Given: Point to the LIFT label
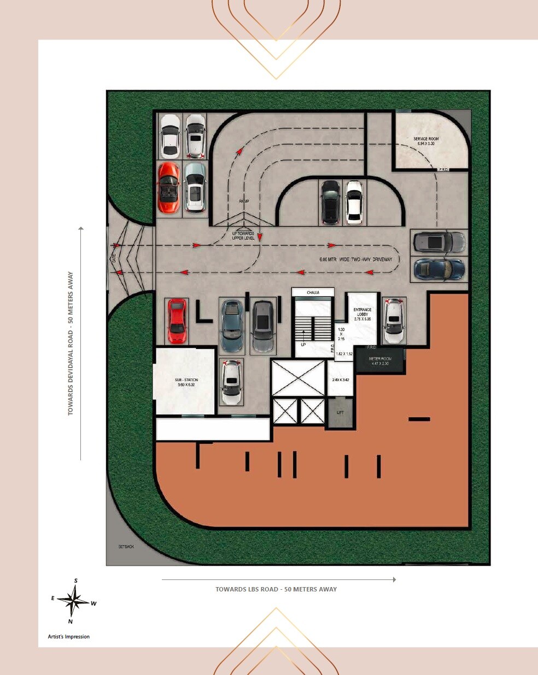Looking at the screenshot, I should point(340,412).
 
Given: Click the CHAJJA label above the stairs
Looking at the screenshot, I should point(313,293).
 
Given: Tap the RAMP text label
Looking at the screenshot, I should point(244,201).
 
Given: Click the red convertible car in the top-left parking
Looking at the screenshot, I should point(168,187).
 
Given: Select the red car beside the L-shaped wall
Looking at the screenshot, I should point(177,321).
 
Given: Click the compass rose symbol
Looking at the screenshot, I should point(73,601).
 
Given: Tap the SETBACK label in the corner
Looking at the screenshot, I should point(126,546).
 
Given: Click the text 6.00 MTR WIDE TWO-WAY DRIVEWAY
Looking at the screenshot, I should point(356,259).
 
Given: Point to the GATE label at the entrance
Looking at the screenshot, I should point(114,259).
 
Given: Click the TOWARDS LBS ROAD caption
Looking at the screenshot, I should point(276,589).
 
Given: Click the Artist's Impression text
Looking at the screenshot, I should point(69,636).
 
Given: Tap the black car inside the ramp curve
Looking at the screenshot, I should point(330,202).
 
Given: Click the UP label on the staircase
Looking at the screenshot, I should point(303,345).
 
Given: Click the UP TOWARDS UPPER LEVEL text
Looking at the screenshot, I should point(243,236).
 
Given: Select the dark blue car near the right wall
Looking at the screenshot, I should point(440,269).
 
